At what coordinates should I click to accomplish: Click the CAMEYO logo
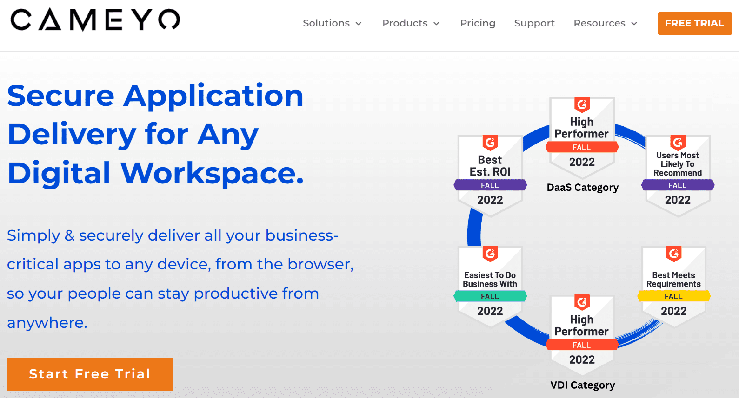click(x=95, y=20)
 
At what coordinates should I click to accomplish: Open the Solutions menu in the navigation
click(x=332, y=23)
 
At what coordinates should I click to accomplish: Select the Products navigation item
click(x=411, y=23)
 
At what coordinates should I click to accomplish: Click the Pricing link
click(x=478, y=23)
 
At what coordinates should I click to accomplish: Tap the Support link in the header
click(x=534, y=23)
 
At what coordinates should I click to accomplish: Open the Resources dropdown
click(x=606, y=23)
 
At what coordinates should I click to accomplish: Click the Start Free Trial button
click(x=90, y=374)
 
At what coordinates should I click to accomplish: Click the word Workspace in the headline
click(x=212, y=173)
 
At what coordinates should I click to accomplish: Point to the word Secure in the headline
click(x=61, y=96)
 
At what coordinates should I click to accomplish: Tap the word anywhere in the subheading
click(x=47, y=323)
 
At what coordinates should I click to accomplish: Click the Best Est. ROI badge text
click(x=490, y=166)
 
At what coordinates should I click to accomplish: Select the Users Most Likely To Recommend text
click(x=678, y=164)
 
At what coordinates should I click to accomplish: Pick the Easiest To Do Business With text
click(x=490, y=280)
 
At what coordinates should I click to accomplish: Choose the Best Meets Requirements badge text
click(x=673, y=280)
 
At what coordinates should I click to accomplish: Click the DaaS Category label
click(x=583, y=188)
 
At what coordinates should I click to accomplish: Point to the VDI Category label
click(x=583, y=385)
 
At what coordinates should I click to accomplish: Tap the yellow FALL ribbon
click(x=674, y=296)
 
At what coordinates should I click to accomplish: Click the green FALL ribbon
click(x=490, y=296)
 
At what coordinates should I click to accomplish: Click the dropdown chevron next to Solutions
click(x=358, y=23)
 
